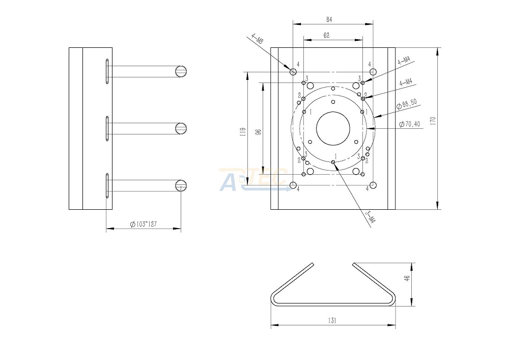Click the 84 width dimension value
[329, 19]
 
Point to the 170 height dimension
[433, 121]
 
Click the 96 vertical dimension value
[258, 132]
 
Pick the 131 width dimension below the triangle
[333, 321]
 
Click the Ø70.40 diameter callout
[410, 124]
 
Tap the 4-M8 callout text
[258, 40]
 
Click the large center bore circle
[333, 128]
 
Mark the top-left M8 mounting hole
[293, 72]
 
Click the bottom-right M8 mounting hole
[373, 185]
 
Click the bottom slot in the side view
[107, 185]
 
